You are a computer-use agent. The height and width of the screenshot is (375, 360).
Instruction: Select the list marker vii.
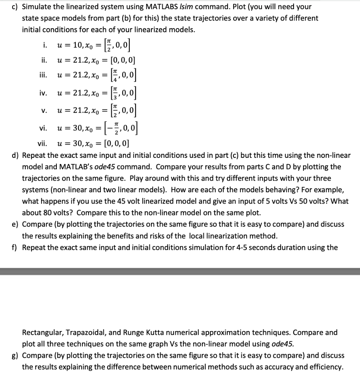[42, 143]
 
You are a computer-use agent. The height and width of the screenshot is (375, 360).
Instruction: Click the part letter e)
[16, 224]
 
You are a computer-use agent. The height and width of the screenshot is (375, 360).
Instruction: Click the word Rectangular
[43, 333]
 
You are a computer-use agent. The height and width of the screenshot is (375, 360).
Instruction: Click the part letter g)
[16, 356]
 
